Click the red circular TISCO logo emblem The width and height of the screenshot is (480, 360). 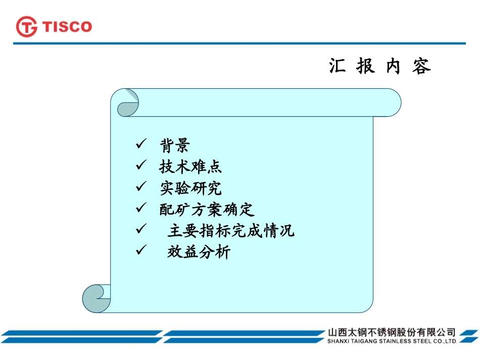point(27,26)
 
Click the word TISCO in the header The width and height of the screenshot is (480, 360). point(67,26)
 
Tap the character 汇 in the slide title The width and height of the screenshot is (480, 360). point(337,67)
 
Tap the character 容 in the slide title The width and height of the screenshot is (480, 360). point(421,67)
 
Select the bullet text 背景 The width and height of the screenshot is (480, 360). point(175,146)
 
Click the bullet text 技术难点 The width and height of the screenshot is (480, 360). point(190,167)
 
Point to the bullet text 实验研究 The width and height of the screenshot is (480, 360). point(190,188)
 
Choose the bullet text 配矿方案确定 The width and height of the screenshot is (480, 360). point(207,210)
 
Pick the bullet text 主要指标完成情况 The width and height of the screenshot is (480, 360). point(230,231)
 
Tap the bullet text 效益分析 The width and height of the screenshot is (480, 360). point(199,252)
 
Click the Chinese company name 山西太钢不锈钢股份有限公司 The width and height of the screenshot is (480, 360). point(391,333)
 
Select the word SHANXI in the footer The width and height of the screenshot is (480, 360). point(340,341)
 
